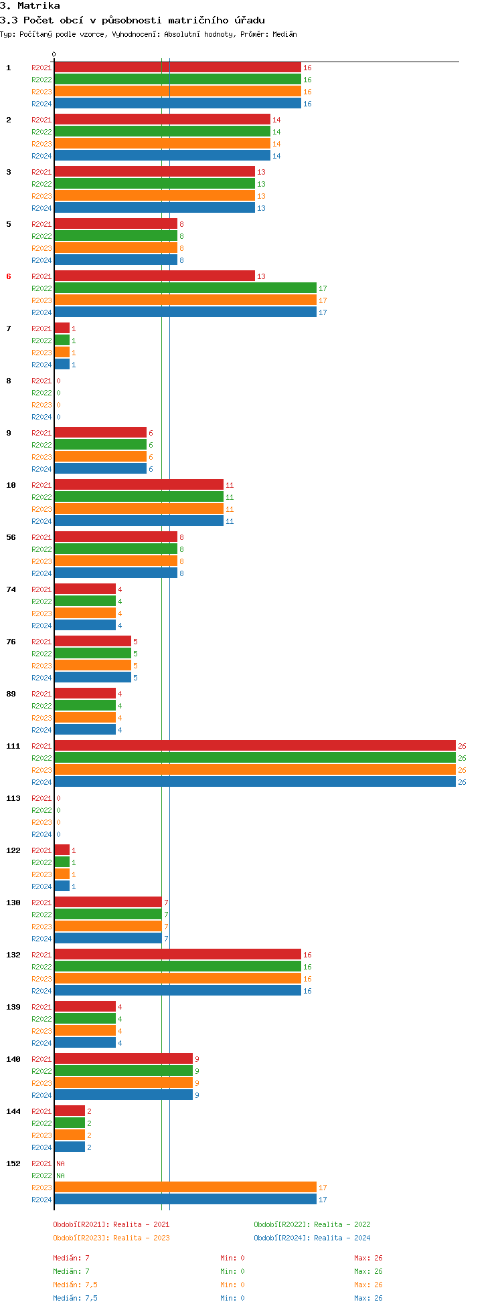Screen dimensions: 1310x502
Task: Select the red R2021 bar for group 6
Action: click(155, 276)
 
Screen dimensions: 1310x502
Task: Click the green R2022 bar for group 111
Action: click(254, 758)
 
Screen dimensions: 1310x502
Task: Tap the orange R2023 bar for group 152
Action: click(185, 1188)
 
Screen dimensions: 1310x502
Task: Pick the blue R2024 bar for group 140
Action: click(123, 1095)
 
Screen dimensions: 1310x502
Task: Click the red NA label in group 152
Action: click(60, 1163)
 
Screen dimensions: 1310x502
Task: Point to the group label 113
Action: click(13, 798)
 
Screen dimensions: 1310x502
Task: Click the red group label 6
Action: click(9, 276)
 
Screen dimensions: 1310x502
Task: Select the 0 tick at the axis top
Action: click(54, 55)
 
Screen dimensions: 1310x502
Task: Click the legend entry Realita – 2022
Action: click(312, 1224)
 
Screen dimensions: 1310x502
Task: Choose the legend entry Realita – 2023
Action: click(111, 1238)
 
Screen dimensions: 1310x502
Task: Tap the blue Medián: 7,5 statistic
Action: click(75, 1298)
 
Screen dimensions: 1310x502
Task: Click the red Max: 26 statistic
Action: click(368, 1258)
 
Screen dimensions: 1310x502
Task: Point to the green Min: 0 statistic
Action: click(232, 1271)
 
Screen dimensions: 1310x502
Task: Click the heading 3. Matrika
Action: click(30, 6)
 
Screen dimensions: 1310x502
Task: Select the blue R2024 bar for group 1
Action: click(177, 104)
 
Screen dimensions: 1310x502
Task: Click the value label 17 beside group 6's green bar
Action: click(323, 288)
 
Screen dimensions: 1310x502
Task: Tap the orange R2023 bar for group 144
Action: click(70, 1135)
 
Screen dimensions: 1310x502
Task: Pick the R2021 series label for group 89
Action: click(41, 694)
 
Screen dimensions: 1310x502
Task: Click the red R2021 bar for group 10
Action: click(139, 485)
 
